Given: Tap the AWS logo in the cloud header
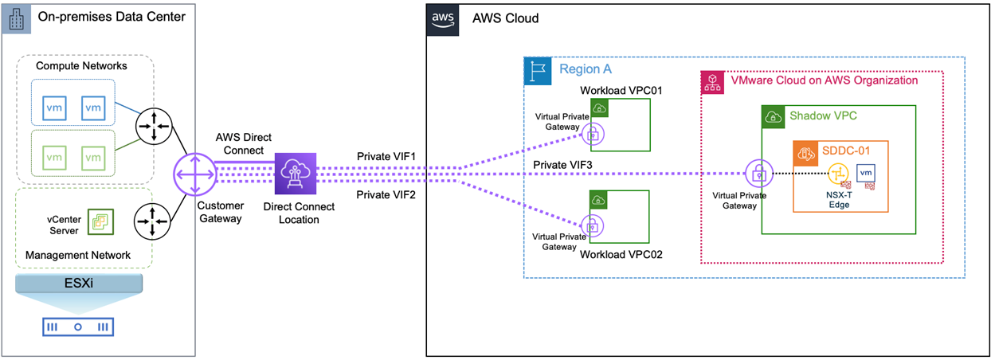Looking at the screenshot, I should (x=443, y=18).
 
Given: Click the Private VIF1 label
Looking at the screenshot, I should (x=385, y=156).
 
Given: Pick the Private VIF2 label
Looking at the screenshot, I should (x=385, y=194).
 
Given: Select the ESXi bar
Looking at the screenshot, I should (x=78, y=284).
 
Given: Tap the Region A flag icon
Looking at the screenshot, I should (x=537, y=71).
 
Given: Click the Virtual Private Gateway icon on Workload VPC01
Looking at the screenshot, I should (x=591, y=135).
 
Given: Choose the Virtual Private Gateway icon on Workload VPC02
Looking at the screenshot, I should (x=591, y=224).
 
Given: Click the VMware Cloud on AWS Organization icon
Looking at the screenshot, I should (x=711, y=80).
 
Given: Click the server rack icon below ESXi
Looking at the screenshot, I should (x=78, y=327).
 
